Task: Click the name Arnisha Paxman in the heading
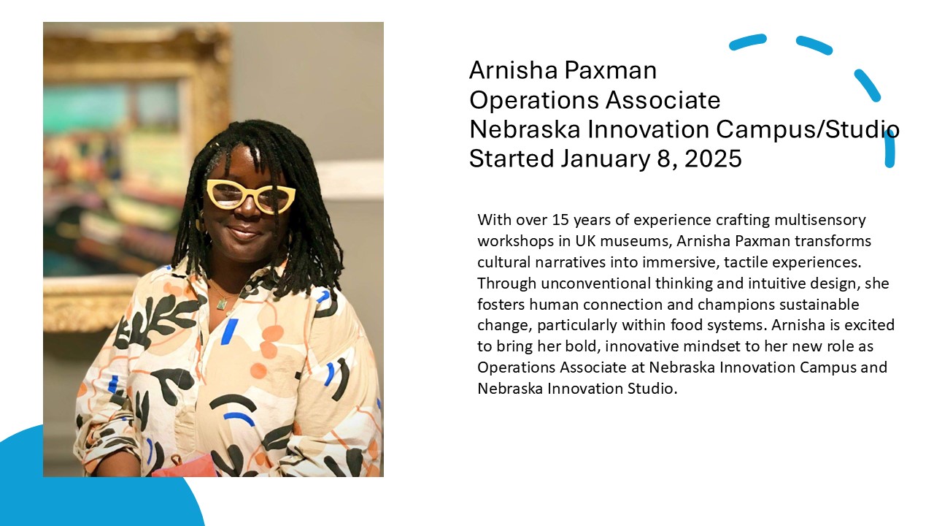point(563,70)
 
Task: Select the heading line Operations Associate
point(595,101)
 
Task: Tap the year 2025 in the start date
point(713,159)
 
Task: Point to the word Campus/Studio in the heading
point(808,130)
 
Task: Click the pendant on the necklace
point(221,304)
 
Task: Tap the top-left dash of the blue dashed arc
point(748,42)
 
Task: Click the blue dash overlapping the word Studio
point(889,148)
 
